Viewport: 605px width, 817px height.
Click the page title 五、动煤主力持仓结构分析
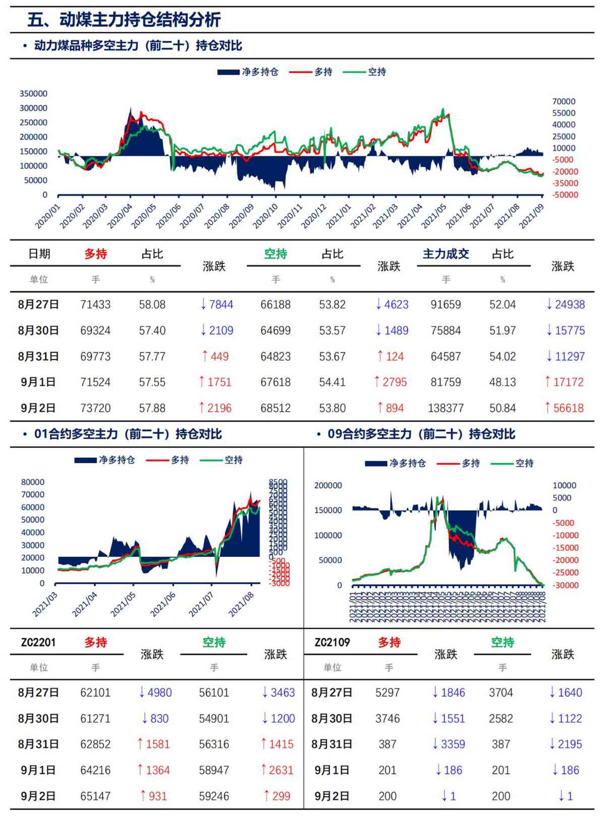click(124, 20)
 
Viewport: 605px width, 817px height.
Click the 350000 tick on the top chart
click(33, 94)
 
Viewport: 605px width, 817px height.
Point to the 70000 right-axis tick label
click(564, 101)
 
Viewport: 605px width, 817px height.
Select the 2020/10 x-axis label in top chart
click(265, 215)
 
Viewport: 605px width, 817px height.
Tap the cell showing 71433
click(95, 304)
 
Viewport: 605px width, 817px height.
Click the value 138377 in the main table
click(446, 408)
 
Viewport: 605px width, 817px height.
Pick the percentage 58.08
click(152, 304)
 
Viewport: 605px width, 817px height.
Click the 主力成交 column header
click(446, 254)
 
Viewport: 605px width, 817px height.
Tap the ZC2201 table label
click(38, 642)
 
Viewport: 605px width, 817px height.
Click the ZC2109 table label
click(332, 642)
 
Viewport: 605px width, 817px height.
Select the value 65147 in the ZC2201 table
click(95, 796)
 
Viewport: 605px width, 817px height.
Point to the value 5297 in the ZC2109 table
click(387, 693)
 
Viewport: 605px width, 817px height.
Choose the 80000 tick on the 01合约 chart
click(33, 482)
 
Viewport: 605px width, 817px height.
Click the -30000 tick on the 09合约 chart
click(565, 585)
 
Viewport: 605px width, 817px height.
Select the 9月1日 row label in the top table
click(38, 382)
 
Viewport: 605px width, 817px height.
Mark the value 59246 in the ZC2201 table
click(214, 796)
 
